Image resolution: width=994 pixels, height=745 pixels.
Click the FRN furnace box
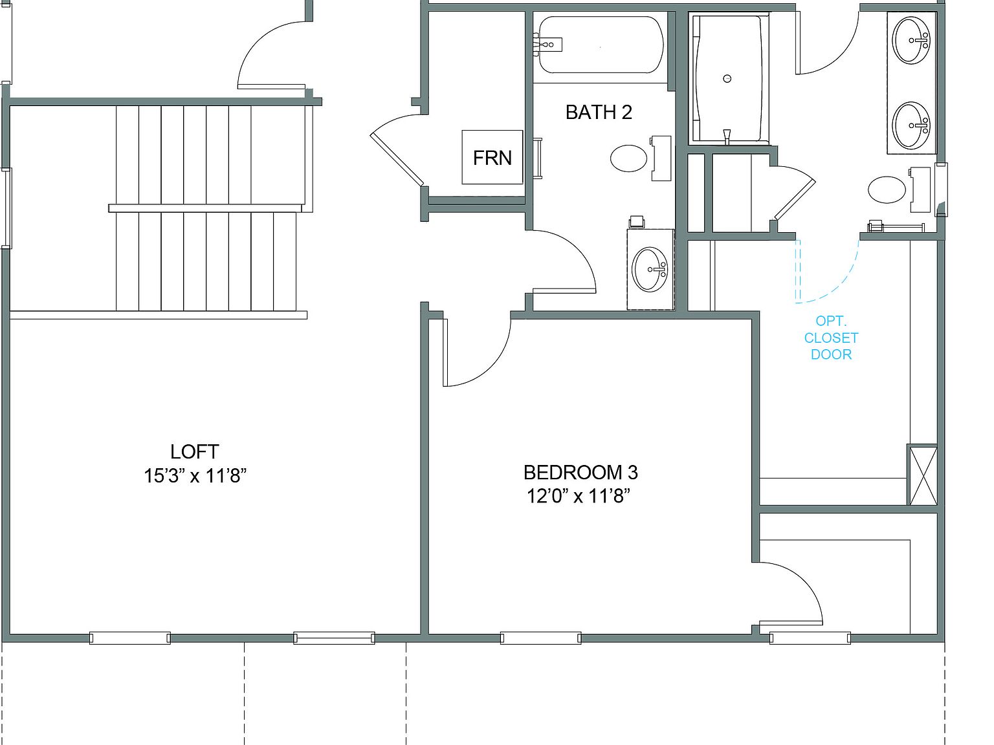point(492,157)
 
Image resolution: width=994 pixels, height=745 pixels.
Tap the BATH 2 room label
point(599,112)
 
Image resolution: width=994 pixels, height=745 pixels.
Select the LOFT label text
point(194,451)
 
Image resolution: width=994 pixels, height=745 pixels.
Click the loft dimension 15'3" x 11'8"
point(195,476)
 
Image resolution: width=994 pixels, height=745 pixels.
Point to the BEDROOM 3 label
point(580,472)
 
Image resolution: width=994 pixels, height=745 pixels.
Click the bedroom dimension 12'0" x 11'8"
point(578,496)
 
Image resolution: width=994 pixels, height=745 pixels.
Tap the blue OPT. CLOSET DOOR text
point(831,338)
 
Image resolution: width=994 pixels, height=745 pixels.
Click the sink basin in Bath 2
point(650,269)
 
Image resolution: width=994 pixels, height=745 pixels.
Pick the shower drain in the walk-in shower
point(727,78)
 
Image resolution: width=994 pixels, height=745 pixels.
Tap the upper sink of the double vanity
point(912,40)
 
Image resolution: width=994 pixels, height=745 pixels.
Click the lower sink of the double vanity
point(912,124)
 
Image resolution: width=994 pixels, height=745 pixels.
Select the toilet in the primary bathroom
point(887,190)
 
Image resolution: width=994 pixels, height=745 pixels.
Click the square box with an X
point(922,474)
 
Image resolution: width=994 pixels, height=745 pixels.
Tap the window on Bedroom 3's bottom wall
point(540,638)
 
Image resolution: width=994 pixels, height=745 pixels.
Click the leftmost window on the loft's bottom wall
point(129,638)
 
